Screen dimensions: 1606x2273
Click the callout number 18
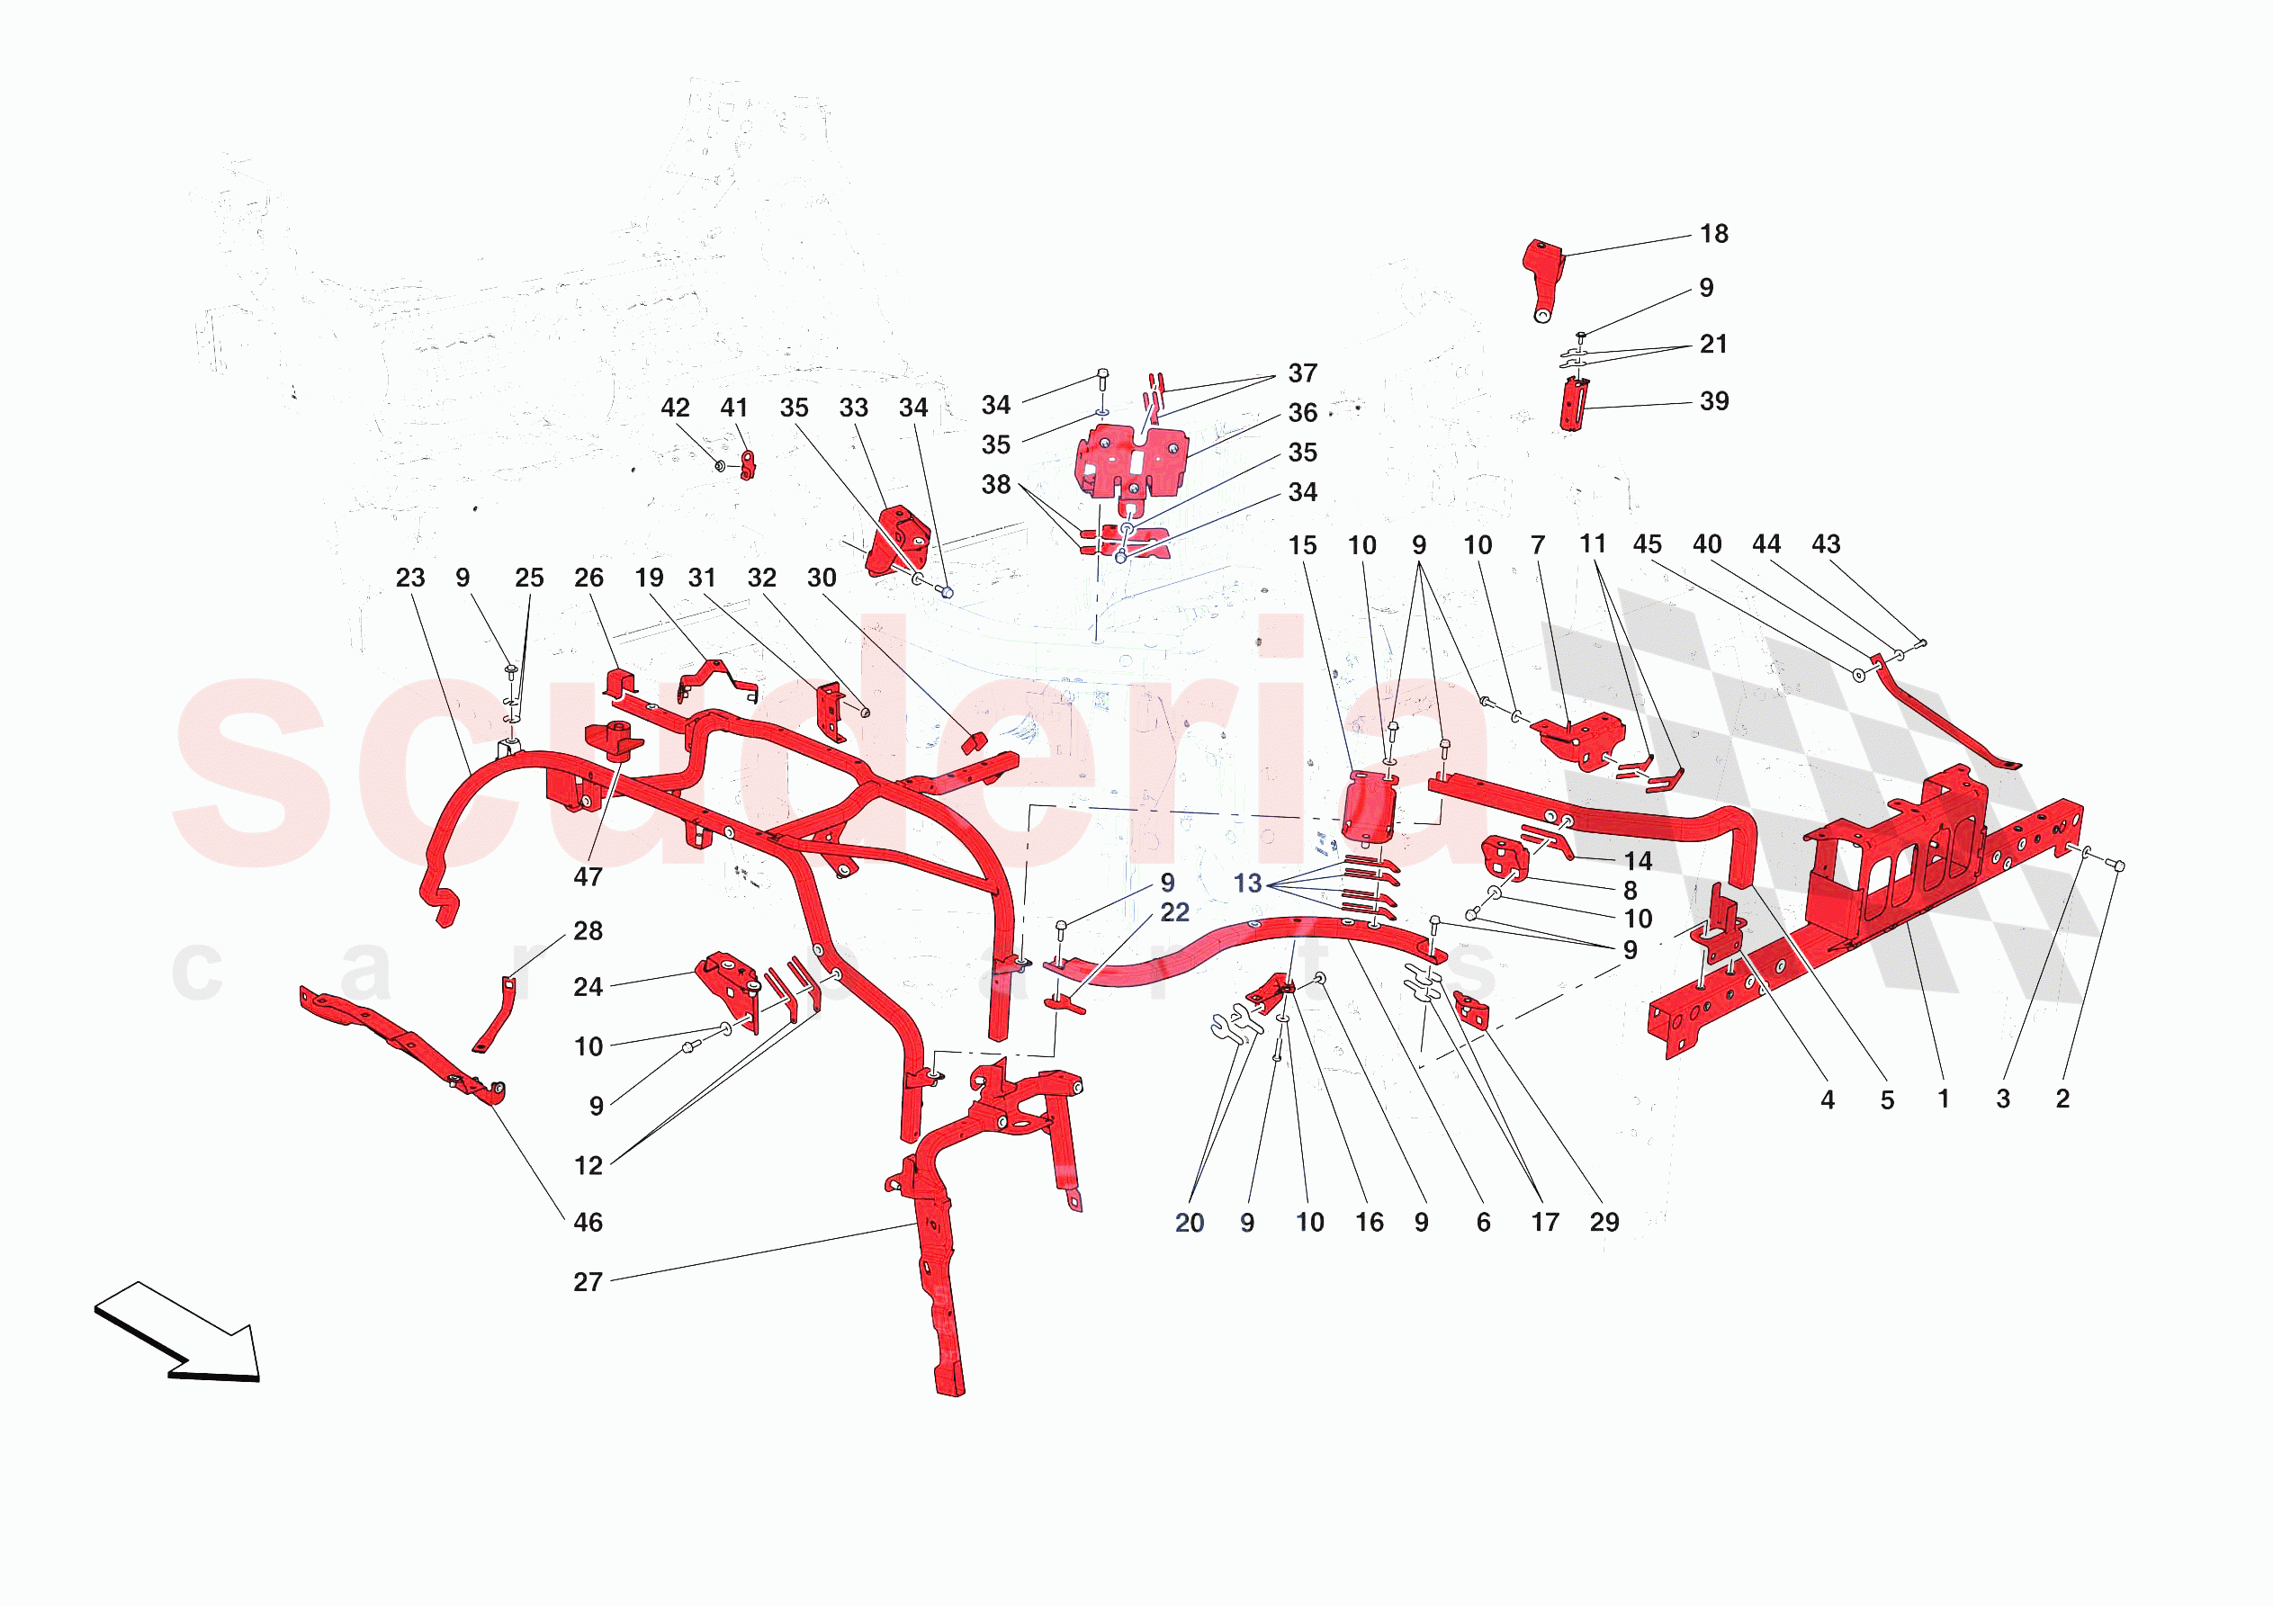point(1713,234)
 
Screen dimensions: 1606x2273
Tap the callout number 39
point(1713,401)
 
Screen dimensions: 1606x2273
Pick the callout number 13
point(1246,884)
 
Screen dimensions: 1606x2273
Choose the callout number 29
point(1604,1223)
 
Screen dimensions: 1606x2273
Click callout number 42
point(674,408)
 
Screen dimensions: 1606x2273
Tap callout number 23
point(409,579)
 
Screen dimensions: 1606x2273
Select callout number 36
point(1302,413)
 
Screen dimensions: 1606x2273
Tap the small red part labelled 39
point(1573,405)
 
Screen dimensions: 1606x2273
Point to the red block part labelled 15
point(1370,808)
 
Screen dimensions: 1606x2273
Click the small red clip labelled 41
point(748,464)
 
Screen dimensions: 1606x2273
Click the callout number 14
point(1638,861)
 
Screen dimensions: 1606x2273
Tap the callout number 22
point(1174,913)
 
